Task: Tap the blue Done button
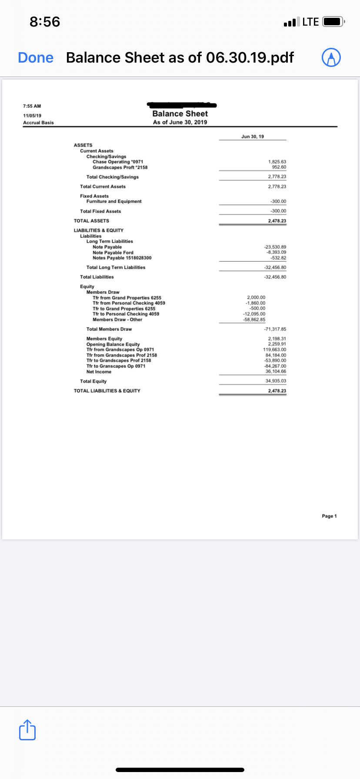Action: (x=36, y=57)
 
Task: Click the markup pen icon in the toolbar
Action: (x=331, y=58)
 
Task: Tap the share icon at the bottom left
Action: (x=27, y=730)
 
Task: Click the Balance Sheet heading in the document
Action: (x=180, y=113)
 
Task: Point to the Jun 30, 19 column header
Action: (x=253, y=136)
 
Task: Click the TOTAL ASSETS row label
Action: (x=91, y=221)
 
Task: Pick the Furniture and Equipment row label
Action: (x=114, y=201)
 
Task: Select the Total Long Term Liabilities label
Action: (x=116, y=267)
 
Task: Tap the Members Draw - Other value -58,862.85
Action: (x=254, y=320)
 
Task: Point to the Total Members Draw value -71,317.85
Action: (x=275, y=329)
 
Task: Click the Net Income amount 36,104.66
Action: (x=276, y=371)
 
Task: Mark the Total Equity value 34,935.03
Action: (x=276, y=381)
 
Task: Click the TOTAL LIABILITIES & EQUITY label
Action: (x=107, y=391)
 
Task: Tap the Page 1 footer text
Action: (x=329, y=516)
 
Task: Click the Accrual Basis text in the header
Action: (x=38, y=123)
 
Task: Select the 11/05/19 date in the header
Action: (x=32, y=116)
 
